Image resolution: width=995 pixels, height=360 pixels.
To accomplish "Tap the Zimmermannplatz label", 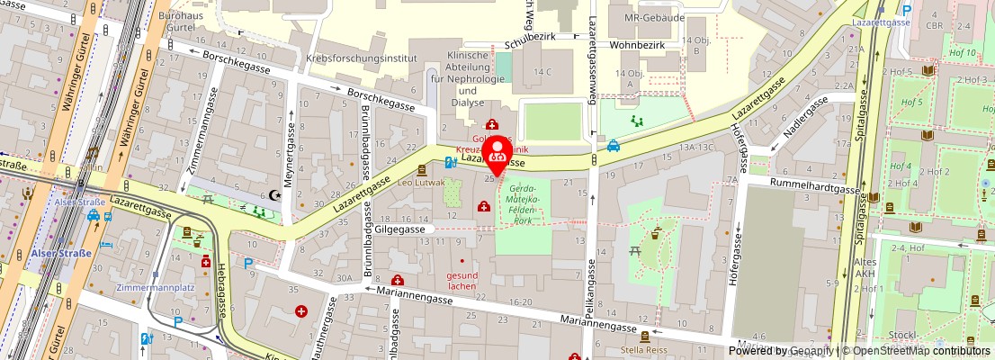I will click(x=157, y=288).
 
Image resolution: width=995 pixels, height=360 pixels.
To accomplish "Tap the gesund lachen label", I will click(x=462, y=280).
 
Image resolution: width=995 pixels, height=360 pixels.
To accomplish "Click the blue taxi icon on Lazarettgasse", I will click(x=613, y=145).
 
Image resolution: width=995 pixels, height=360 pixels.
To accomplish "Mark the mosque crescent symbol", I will click(x=275, y=194).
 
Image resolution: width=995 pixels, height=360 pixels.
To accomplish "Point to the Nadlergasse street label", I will click(x=804, y=119).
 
